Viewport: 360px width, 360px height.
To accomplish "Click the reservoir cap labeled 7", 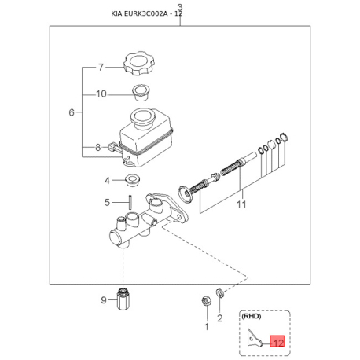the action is [139, 64].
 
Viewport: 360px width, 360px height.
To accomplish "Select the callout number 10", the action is [101, 94].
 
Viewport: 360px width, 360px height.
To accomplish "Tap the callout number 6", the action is [72, 112].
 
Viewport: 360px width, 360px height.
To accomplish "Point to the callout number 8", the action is [97, 148].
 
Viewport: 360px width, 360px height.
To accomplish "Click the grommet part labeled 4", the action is [134, 180].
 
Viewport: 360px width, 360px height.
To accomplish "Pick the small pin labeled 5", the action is [130, 202].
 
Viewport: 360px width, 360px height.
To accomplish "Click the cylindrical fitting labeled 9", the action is [123, 299].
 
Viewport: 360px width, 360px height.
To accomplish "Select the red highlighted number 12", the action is [277, 342].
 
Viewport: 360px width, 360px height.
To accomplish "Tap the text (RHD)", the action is [252, 317].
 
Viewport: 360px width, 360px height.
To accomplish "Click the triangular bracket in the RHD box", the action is [254, 339].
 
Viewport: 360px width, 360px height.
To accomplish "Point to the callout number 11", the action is [241, 204].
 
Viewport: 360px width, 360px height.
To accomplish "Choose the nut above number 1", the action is [206, 300].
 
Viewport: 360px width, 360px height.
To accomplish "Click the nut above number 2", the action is [220, 292].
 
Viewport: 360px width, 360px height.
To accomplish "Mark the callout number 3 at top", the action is [180, 7].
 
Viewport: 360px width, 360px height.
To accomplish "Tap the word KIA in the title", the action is [116, 13].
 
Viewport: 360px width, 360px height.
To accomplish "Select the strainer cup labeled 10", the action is [141, 92].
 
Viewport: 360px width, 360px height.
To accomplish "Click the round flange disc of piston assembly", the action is [186, 194].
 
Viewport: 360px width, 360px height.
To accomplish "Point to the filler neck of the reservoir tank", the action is [143, 119].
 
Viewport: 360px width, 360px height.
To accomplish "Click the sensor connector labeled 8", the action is [113, 147].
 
